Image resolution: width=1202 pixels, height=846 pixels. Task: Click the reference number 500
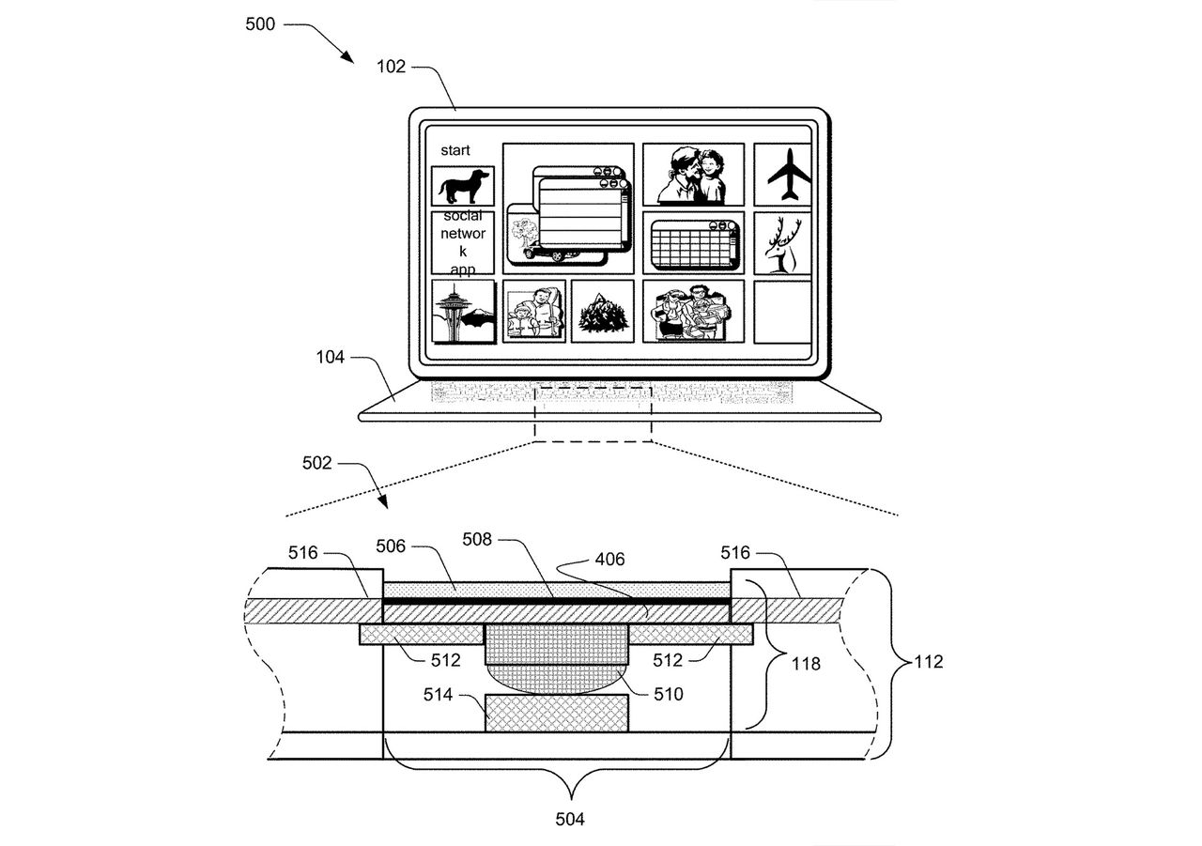260,24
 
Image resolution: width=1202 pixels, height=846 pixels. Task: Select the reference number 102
392,67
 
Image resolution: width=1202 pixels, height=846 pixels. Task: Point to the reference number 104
330,358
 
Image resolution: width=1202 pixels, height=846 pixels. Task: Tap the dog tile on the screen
463,186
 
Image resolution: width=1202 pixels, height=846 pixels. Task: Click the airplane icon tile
782,175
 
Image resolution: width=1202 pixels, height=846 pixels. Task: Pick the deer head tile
782,243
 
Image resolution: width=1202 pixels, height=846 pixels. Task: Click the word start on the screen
455,150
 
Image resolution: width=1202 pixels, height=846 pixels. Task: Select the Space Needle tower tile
463,311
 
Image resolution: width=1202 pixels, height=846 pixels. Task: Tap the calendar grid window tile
693,243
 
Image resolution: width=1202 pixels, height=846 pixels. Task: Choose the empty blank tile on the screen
782,311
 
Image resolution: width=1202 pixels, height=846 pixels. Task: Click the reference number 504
569,820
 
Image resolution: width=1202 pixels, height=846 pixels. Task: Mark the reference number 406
609,560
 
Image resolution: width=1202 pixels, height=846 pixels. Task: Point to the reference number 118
805,664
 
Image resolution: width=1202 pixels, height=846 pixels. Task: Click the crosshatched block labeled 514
556,713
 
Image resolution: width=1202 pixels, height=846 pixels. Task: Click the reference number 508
478,540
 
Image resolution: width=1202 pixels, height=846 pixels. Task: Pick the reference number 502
316,463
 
